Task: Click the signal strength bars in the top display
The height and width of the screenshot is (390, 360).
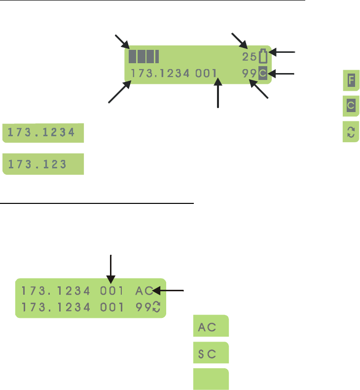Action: click(x=144, y=56)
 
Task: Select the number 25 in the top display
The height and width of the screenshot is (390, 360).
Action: click(x=249, y=57)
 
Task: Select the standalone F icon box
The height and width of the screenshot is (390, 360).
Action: click(x=351, y=80)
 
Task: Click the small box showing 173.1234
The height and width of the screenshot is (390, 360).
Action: click(x=43, y=133)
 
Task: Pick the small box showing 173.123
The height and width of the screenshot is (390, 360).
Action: click(x=43, y=164)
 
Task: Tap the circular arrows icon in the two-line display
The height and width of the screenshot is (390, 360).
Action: click(x=157, y=306)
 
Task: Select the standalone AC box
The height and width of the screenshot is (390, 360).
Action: click(x=211, y=326)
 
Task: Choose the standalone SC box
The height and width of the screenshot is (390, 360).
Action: click(x=211, y=353)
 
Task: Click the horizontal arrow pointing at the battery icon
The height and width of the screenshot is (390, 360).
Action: click(x=285, y=51)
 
